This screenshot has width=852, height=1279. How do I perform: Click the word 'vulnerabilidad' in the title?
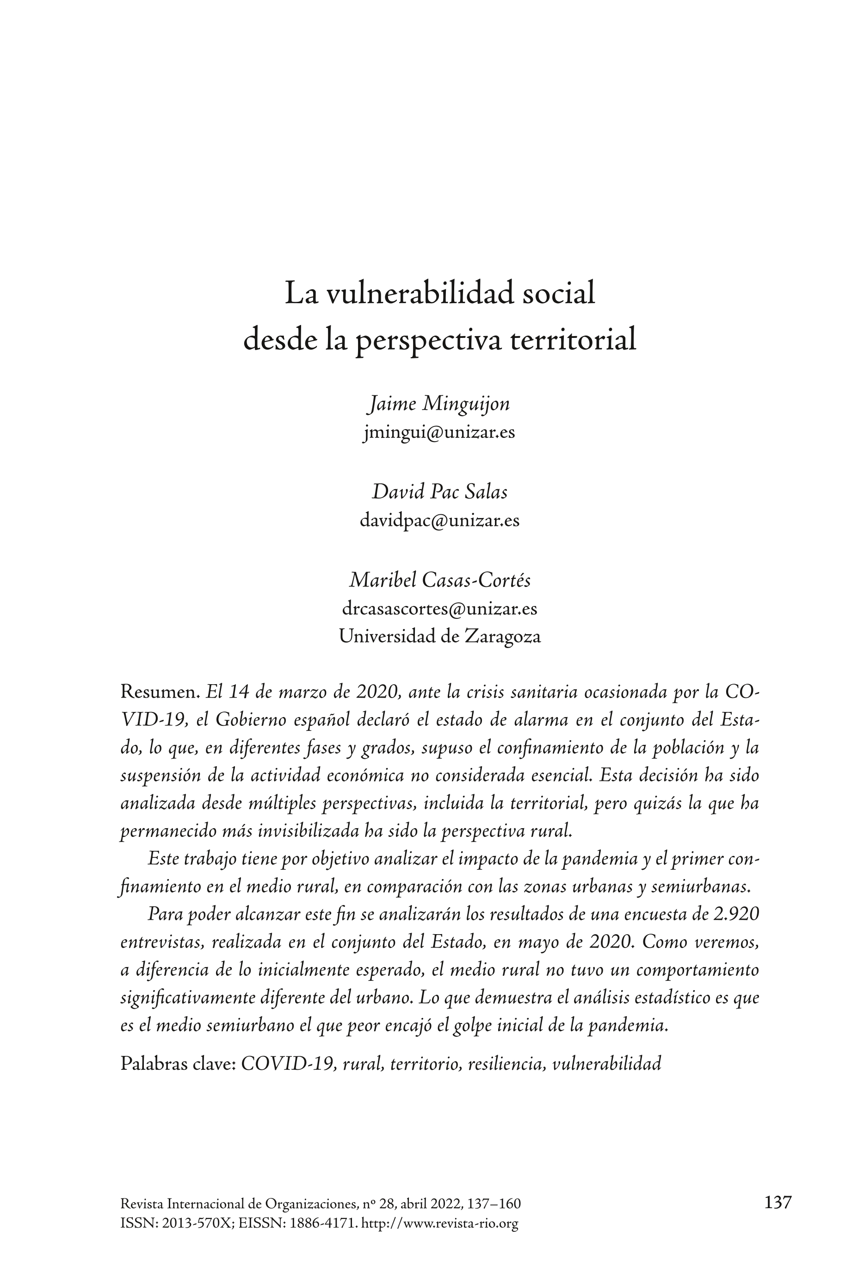[x=420, y=293]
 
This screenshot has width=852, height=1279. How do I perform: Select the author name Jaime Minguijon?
[x=439, y=404]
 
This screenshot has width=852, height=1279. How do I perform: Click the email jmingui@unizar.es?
[x=439, y=432]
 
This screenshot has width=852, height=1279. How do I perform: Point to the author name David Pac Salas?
[x=439, y=492]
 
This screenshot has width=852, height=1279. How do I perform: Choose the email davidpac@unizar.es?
[x=439, y=520]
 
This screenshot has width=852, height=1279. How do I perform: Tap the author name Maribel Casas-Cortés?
[x=439, y=580]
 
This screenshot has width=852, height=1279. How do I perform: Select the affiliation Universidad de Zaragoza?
[x=439, y=636]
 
